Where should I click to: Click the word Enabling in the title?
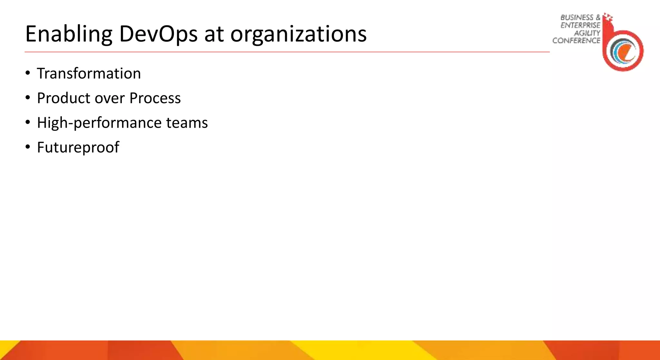pyautogui.click(x=69, y=34)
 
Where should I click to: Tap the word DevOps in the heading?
pyautogui.click(x=158, y=34)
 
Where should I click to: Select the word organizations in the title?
pyautogui.click(x=298, y=34)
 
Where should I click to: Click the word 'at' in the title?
pyautogui.click(x=214, y=34)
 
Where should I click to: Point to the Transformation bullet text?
pyautogui.click(x=89, y=73)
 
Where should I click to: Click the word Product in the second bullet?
pyautogui.click(x=63, y=98)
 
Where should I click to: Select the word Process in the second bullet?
pyautogui.click(x=155, y=98)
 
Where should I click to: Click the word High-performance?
pyautogui.click(x=99, y=123)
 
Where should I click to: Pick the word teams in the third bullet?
pyautogui.click(x=187, y=123)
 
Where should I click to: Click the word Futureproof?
pyautogui.click(x=78, y=148)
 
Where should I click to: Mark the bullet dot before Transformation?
pyautogui.click(x=28, y=73)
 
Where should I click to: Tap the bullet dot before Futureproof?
pyautogui.click(x=28, y=147)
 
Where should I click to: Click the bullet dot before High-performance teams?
pyautogui.click(x=28, y=122)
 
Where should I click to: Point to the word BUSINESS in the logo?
pyautogui.click(x=577, y=17)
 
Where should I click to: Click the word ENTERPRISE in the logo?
pyautogui.click(x=580, y=25)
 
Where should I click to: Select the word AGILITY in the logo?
pyautogui.click(x=587, y=33)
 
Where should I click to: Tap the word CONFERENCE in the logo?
pyautogui.click(x=576, y=41)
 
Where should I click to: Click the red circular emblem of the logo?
pyautogui.click(x=623, y=51)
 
